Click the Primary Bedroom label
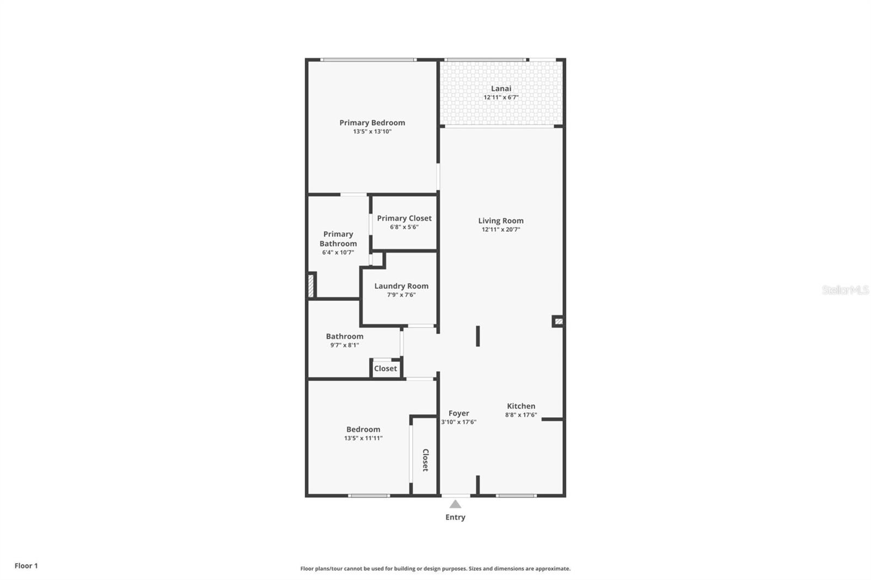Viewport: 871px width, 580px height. [372, 123]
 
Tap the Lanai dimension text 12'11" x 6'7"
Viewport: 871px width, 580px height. [501, 97]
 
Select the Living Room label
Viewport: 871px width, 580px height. [501, 220]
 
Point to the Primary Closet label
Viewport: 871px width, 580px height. [404, 218]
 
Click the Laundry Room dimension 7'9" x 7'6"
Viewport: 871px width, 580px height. [401, 295]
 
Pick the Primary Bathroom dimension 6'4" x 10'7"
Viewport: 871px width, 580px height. [338, 252]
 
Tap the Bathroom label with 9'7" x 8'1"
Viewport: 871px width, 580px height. [345, 336]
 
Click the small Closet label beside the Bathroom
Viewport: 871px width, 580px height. [385, 368]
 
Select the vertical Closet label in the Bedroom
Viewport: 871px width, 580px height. [426, 460]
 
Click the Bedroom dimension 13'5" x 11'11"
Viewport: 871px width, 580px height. [363, 438]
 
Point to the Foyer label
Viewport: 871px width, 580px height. [459, 413]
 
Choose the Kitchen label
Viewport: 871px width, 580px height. [521, 406]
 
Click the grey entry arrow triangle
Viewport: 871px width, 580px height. [455, 504]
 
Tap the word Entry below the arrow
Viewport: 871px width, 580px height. [455, 517]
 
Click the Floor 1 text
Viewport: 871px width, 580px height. [26, 566]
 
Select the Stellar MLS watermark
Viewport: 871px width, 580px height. [845, 290]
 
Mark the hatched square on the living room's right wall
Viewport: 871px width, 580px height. [559, 321]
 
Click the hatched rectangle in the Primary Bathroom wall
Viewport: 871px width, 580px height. [311, 286]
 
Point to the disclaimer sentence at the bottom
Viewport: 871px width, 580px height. [436, 569]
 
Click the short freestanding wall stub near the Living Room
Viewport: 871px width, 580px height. [478, 336]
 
